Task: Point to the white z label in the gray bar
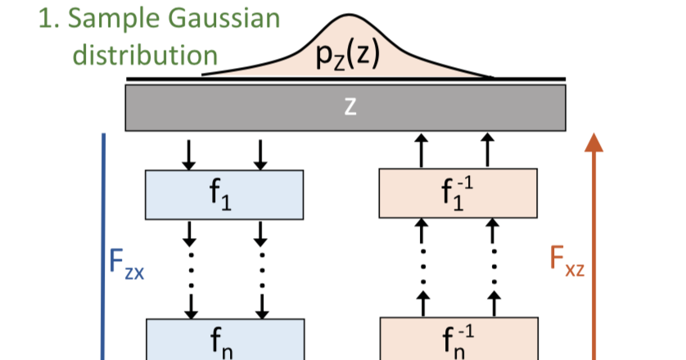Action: (x=350, y=107)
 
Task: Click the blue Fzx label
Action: (x=127, y=263)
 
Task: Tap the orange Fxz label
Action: (x=566, y=263)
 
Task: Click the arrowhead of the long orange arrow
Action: (x=595, y=144)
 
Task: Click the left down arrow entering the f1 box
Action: (x=189, y=153)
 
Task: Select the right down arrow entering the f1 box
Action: (x=260, y=153)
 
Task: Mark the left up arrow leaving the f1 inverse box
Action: (x=422, y=151)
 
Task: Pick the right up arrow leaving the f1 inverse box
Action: (x=490, y=151)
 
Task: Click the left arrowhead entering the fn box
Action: (x=190, y=312)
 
